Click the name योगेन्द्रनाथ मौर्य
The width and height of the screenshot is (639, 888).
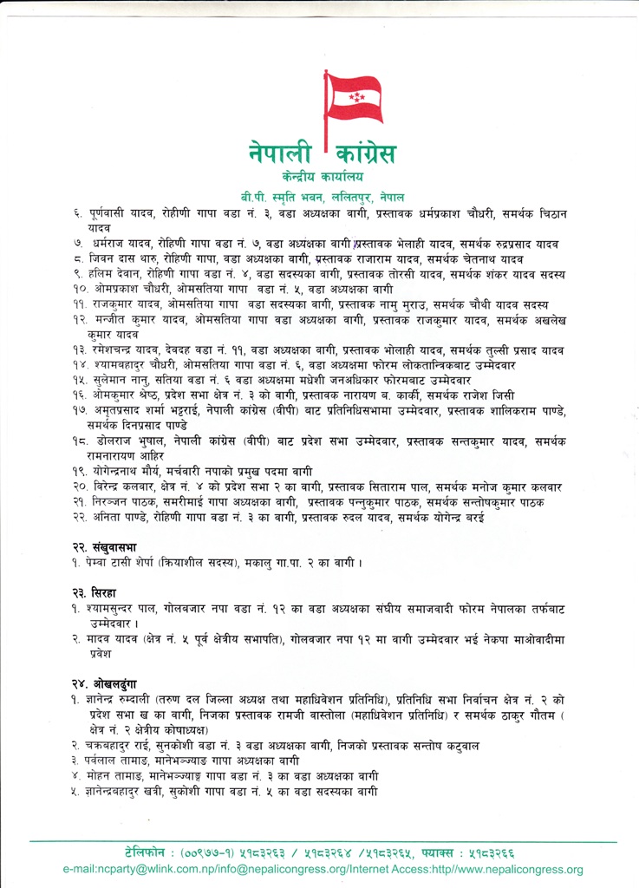tap(128, 471)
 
